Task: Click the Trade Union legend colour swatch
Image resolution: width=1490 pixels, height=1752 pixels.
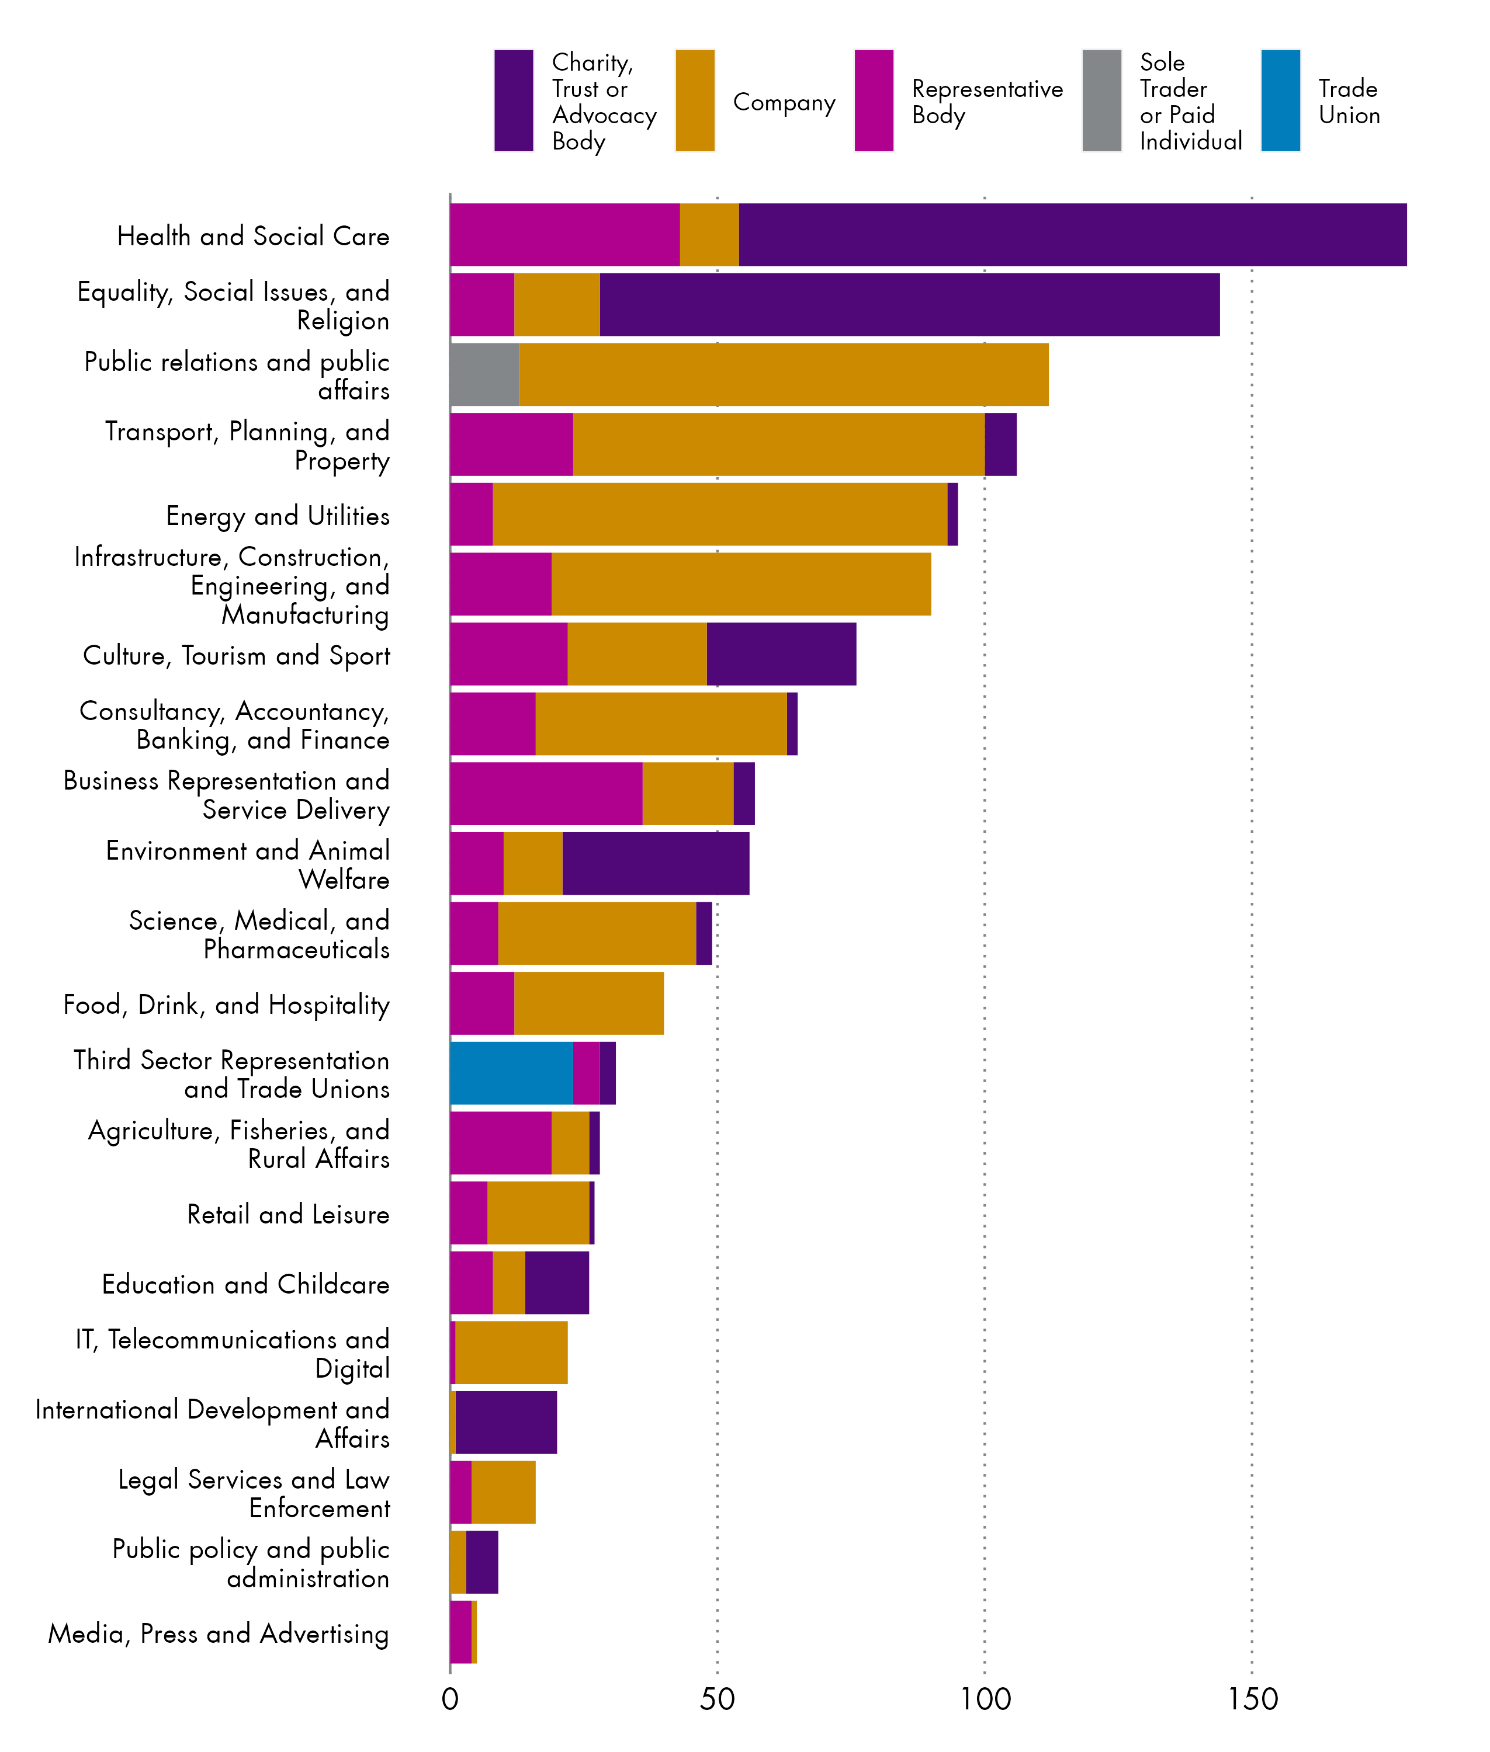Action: (1280, 100)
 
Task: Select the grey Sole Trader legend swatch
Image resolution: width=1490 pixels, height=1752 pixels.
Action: (1101, 100)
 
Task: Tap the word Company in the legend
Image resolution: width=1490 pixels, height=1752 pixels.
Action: (784, 102)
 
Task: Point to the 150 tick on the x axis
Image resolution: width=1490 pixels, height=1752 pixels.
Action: (1252, 1699)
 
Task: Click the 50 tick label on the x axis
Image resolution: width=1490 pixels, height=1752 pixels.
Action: (717, 1699)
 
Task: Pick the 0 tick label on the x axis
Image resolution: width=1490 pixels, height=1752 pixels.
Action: (450, 1699)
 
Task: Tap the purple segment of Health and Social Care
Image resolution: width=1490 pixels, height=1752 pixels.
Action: (1073, 235)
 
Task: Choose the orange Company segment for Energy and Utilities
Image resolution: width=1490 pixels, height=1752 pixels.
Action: (720, 514)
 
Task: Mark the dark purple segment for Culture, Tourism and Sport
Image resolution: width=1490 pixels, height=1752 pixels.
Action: (781, 653)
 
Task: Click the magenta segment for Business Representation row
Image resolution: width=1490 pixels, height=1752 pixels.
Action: (546, 794)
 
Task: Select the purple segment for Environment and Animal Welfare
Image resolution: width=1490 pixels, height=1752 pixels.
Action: (656, 864)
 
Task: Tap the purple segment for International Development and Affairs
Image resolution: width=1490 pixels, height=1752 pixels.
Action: (506, 1423)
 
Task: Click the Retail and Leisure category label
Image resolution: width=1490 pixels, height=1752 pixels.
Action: (288, 1214)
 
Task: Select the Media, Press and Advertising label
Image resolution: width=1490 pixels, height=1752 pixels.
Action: (219, 1633)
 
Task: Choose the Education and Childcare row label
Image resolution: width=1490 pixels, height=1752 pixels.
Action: (246, 1284)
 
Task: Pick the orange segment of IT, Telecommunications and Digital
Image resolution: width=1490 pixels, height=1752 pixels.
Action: (511, 1353)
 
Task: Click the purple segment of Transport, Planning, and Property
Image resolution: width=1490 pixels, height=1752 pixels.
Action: (1000, 444)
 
